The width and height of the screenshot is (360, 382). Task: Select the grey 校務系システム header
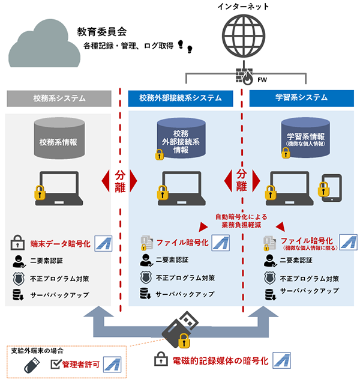(59, 98)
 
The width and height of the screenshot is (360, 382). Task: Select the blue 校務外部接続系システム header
(181, 98)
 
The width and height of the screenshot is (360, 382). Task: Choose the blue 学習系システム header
(301, 98)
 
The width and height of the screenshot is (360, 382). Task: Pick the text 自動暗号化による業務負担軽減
(241, 220)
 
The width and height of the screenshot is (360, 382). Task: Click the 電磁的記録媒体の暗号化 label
(220, 361)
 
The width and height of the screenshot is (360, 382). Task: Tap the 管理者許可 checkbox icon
(56, 364)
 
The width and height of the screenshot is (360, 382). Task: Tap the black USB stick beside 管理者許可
(32, 365)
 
